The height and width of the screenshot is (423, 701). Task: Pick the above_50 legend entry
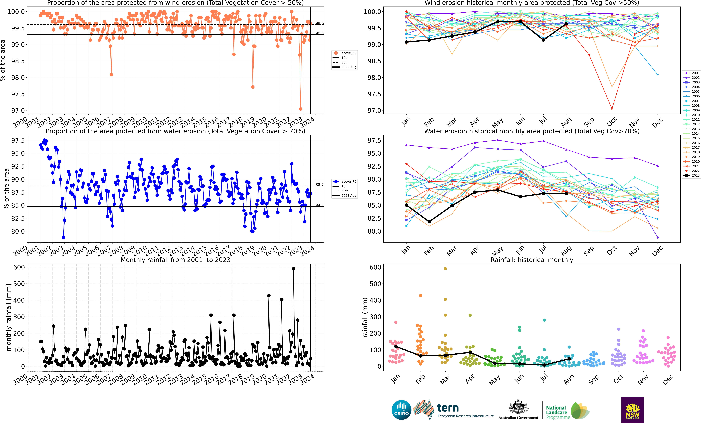(x=345, y=53)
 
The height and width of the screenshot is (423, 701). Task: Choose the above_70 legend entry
(x=345, y=182)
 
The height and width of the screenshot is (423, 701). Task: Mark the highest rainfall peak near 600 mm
(x=294, y=269)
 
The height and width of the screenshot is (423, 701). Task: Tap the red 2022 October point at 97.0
(x=612, y=109)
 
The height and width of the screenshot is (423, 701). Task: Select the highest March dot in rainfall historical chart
(x=445, y=269)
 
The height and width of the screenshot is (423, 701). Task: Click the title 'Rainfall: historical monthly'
(x=532, y=260)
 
